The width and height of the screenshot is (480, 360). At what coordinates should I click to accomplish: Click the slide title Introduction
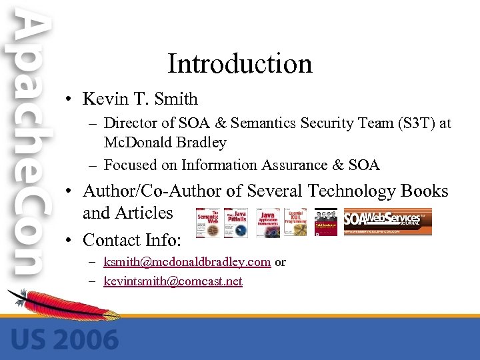pyautogui.click(x=239, y=64)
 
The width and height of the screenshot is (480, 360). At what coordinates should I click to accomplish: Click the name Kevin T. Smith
pyautogui.click(x=140, y=99)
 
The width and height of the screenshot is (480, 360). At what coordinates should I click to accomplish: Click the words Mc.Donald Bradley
pyautogui.click(x=165, y=142)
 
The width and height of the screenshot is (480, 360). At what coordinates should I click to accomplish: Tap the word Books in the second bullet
pyautogui.click(x=424, y=191)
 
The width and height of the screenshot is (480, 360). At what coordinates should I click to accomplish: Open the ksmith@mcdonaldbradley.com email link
pyautogui.click(x=187, y=262)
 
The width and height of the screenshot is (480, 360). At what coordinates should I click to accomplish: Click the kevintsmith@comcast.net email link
pyautogui.click(x=173, y=281)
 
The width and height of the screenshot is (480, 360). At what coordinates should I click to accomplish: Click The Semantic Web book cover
pyautogui.click(x=209, y=222)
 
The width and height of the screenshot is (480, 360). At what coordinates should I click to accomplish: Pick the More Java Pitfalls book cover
pyautogui.click(x=235, y=222)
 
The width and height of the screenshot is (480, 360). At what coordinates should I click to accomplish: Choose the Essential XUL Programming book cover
pyautogui.click(x=295, y=222)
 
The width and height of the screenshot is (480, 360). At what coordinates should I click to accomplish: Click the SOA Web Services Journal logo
pyautogui.click(x=387, y=222)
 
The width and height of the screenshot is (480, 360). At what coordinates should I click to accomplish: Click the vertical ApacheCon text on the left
pyautogui.click(x=29, y=147)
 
